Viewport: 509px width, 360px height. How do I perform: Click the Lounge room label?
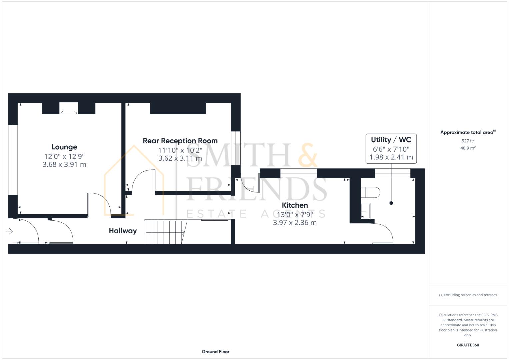[x=64, y=147]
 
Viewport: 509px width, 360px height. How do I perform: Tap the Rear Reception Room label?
[x=180, y=141]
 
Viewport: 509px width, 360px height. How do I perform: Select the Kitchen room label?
[x=295, y=205]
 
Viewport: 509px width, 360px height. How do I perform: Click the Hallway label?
[x=123, y=231]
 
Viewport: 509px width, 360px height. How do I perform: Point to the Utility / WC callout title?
[x=391, y=140]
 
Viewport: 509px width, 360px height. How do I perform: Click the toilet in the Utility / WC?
[x=371, y=192]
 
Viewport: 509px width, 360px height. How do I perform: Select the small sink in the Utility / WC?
[x=366, y=211]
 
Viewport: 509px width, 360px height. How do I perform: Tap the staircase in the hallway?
[x=165, y=232]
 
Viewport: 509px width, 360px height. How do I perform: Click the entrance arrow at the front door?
[x=9, y=231]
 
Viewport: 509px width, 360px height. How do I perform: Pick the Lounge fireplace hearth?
[x=69, y=112]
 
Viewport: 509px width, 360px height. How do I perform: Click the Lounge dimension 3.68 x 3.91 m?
[x=64, y=164]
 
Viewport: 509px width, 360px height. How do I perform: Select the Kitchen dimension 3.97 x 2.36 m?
[x=295, y=223]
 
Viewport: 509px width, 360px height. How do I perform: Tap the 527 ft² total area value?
[x=468, y=141]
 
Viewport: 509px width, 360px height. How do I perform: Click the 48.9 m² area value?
[x=468, y=148]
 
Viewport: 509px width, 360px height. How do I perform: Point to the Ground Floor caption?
[x=215, y=351]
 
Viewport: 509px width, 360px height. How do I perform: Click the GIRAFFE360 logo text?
[x=468, y=345]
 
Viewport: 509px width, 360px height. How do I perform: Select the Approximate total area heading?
[x=467, y=132]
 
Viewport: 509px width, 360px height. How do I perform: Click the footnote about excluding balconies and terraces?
[x=468, y=295]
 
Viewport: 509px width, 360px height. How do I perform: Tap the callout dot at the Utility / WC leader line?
[x=391, y=203]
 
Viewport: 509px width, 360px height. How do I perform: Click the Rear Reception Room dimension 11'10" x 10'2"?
[x=180, y=150]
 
